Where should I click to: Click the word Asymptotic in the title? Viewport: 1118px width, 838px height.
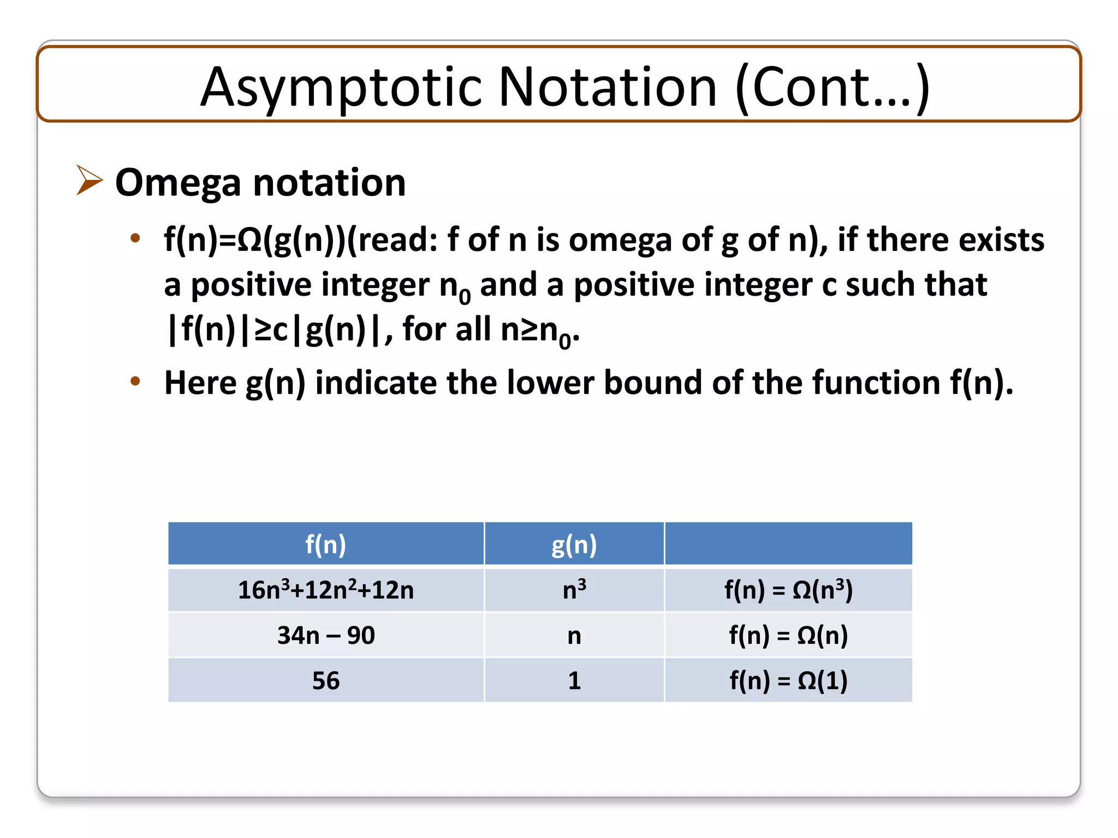point(341,87)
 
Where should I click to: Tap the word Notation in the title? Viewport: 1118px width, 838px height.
point(607,87)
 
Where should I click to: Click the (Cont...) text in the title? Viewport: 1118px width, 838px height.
point(832,87)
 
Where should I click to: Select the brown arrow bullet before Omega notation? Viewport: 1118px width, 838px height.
point(89,179)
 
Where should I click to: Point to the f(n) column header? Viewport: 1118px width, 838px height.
point(325,544)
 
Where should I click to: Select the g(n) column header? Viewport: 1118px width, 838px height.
point(574,544)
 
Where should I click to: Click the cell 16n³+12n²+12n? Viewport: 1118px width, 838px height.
point(325,590)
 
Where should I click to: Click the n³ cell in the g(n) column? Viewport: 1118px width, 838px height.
point(574,590)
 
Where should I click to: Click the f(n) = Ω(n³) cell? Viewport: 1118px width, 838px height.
point(788,590)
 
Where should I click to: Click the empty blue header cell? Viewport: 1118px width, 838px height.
point(788,544)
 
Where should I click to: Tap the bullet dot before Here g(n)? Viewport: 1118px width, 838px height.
point(135,381)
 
